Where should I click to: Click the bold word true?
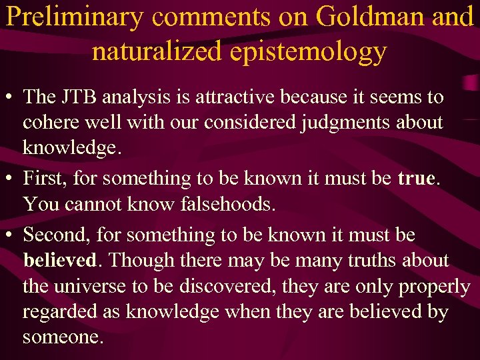click(x=416, y=179)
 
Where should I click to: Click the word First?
click(x=45, y=179)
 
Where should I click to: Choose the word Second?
click(x=55, y=235)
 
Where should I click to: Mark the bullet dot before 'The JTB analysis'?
click(x=11, y=98)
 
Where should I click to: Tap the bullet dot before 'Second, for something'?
click(x=11, y=235)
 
